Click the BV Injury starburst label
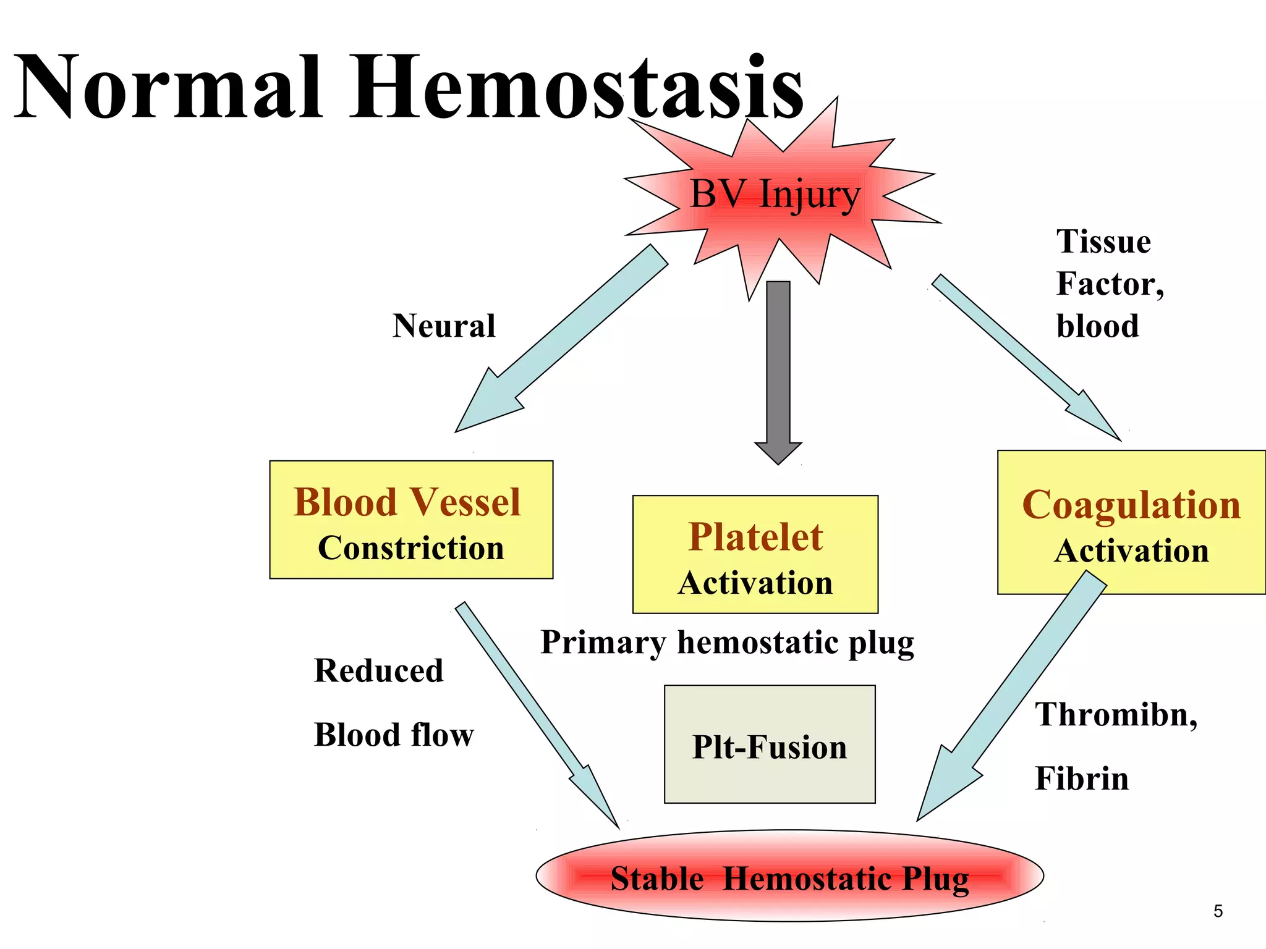[775, 195]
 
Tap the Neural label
[444, 326]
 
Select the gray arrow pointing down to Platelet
[778, 371]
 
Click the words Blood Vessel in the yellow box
[407, 502]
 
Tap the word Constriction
[411, 548]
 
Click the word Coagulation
[1131, 505]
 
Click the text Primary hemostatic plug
[727, 643]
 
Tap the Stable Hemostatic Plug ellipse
[789, 877]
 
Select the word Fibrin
[1082, 778]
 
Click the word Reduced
[378, 671]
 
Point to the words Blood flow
[394, 735]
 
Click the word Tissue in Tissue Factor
[1103, 242]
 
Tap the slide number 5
[1218, 911]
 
